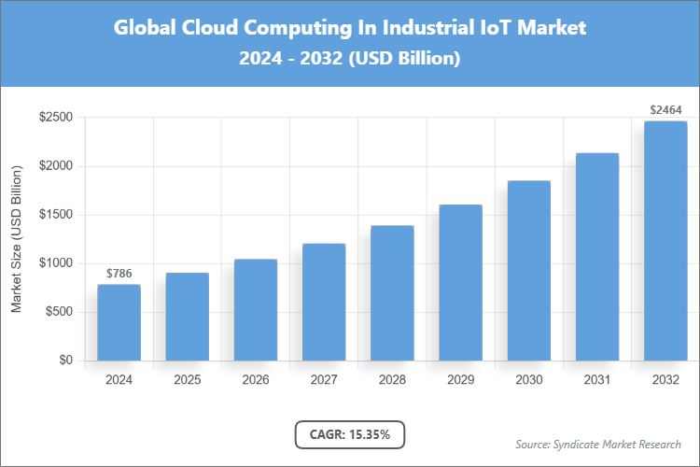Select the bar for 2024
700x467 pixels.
[x=119, y=322]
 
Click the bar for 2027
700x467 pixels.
[x=324, y=302]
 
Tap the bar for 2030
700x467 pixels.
[x=529, y=271]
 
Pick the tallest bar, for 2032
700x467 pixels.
[x=665, y=241]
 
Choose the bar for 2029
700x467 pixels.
[x=460, y=282]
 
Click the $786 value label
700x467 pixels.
[x=119, y=274]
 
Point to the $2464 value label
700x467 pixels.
[x=665, y=110]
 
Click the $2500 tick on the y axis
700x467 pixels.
[x=56, y=118]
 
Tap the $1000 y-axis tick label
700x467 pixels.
[x=56, y=263]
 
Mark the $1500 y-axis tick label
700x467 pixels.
[x=56, y=215]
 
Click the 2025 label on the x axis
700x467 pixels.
[x=187, y=380]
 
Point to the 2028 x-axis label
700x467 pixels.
[x=392, y=380]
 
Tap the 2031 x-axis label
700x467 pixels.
[x=597, y=380]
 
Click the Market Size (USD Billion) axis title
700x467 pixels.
[x=16, y=239]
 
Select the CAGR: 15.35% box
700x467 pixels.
[x=350, y=434]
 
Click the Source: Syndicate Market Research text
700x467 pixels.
[x=598, y=444]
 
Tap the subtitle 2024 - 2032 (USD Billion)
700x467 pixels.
[x=350, y=59]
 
